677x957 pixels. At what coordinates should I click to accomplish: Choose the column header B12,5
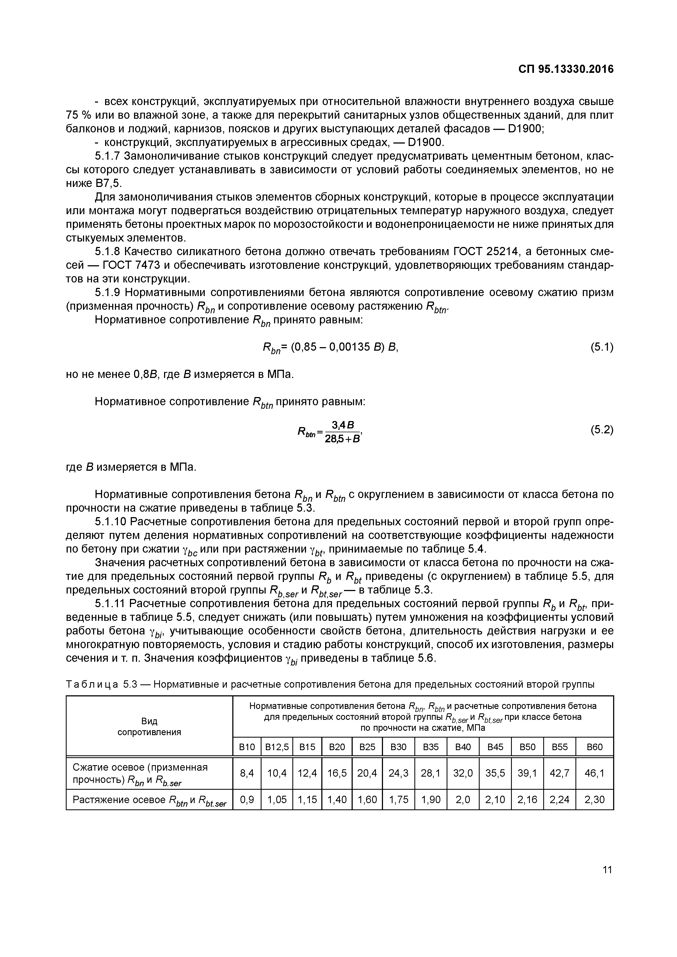277,747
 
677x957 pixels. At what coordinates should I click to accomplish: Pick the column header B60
595,747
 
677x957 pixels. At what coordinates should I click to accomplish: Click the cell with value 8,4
247,773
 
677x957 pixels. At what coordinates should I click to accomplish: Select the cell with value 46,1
595,773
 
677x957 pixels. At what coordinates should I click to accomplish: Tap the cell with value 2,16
527,800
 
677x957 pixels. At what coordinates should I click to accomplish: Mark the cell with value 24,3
399,773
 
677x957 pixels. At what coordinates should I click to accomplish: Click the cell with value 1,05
277,800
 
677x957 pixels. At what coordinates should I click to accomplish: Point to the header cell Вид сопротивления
149,726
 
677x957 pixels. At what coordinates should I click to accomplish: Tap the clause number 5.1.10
111,522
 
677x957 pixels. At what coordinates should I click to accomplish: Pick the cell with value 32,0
463,773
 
